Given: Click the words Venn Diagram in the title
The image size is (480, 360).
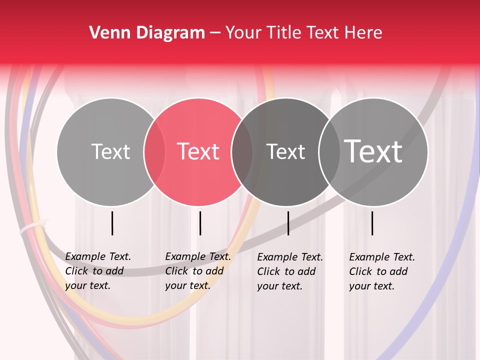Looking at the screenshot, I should [x=147, y=33].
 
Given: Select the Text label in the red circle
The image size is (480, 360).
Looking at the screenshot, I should [x=198, y=151].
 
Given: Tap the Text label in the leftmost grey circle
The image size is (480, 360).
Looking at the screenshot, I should [x=110, y=151].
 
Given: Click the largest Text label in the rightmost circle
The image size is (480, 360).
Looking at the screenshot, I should [x=373, y=151].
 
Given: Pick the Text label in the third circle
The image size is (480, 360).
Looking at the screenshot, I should [x=286, y=151].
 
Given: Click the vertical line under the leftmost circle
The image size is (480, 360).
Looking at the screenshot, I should [x=112, y=223].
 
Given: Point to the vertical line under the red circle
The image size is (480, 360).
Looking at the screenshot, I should [x=200, y=223].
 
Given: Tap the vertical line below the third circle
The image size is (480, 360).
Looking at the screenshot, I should [x=288, y=223].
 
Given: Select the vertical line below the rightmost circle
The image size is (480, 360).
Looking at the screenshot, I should [x=372, y=223].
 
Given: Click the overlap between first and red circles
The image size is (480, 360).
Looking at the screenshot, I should [x=154, y=151].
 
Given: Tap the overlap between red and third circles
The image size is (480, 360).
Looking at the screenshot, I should [x=242, y=151].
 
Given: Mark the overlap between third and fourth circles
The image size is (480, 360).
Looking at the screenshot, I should [x=328, y=151].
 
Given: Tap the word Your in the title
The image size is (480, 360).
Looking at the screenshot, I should [x=244, y=33].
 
